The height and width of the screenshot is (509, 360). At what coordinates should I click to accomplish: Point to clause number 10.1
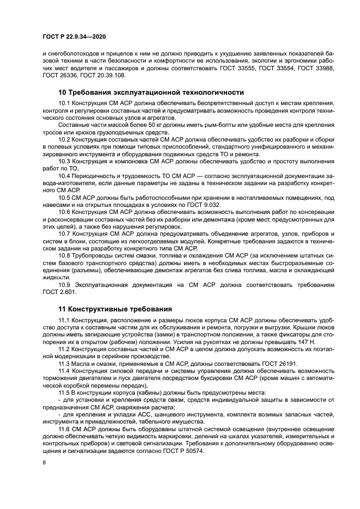tap(65, 103)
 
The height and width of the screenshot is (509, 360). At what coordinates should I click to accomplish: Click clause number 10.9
tap(65, 284)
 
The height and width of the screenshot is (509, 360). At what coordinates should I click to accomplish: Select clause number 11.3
tap(65, 364)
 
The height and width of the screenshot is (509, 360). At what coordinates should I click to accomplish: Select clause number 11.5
tap(65, 393)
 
